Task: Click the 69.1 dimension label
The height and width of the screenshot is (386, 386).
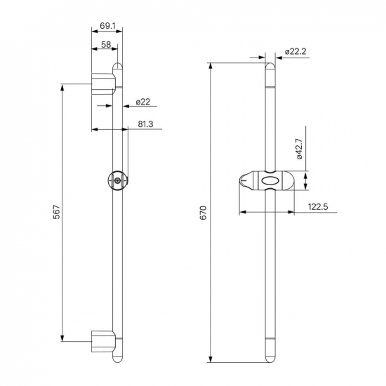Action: [x=107, y=25]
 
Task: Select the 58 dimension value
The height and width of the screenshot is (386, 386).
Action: [x=106, y=44]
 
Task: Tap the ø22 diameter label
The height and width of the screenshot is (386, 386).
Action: [x=142, y=102]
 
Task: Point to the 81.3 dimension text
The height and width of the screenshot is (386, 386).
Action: [x=145, y=124]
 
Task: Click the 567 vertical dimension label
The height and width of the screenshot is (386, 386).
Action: [x=57, y=212]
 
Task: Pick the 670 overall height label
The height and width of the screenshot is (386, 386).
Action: [x=204, y=213]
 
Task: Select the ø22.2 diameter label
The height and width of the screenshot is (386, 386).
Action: [x=295, y=52]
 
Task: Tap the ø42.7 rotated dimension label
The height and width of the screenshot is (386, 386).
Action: [x=299, y=149]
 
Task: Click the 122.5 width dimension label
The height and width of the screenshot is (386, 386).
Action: [x=318, y=207]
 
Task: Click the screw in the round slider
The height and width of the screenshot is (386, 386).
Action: [x=118, y=180]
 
